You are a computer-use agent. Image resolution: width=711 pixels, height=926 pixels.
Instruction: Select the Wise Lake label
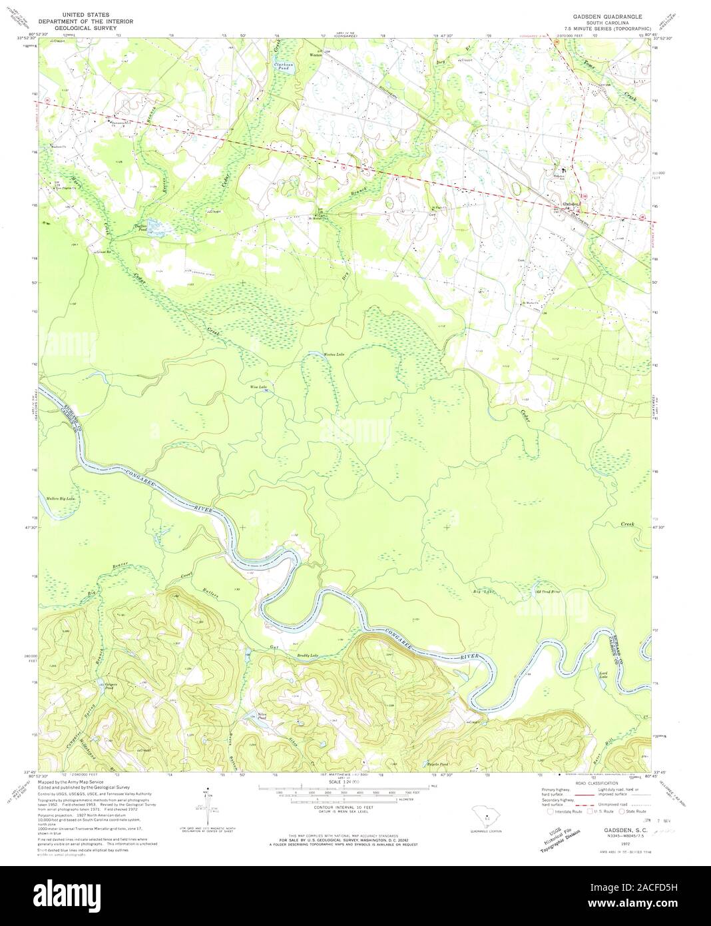click(x=258, y=386)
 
